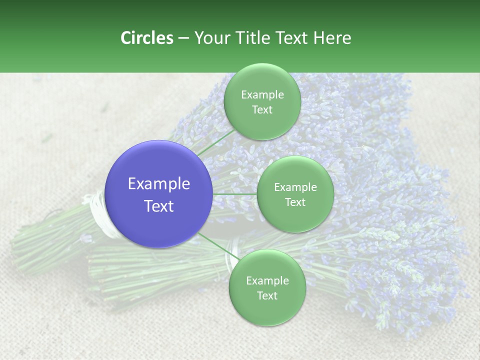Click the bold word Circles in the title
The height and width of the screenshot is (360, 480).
[146, 38]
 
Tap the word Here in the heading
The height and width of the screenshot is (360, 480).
[332, 38]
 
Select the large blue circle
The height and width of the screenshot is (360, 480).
[159, 194]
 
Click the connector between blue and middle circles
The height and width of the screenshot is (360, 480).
[235, 194]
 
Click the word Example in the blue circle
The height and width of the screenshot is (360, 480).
[159, 184]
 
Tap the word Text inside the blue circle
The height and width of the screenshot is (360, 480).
[159, 206]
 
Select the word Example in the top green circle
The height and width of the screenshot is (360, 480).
[262, 95]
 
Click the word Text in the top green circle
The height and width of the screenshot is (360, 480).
[262, 110]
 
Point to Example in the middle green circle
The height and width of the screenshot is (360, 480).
[295, 187]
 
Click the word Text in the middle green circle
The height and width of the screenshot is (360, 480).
[295, 202]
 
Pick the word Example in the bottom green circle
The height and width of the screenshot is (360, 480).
[267, 281]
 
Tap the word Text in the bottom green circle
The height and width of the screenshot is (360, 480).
[267, 296]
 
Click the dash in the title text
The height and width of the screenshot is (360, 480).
[183, 38]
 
